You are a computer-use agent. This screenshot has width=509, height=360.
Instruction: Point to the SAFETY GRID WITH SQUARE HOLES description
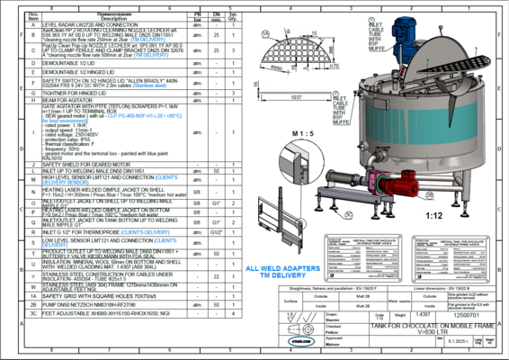[x=94, y=307]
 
